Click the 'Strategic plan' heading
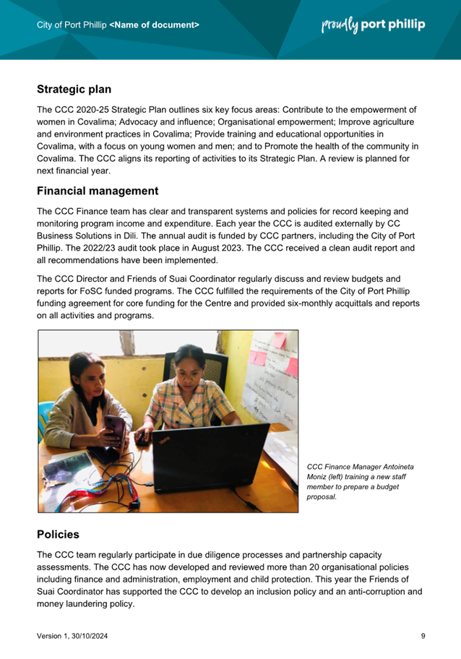[x=74, y=90]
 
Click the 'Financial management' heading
[x=98, y=191]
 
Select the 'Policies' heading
[x=58, y=535]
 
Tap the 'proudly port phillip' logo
[x=373, y=25]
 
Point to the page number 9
[x=423, y=636]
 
